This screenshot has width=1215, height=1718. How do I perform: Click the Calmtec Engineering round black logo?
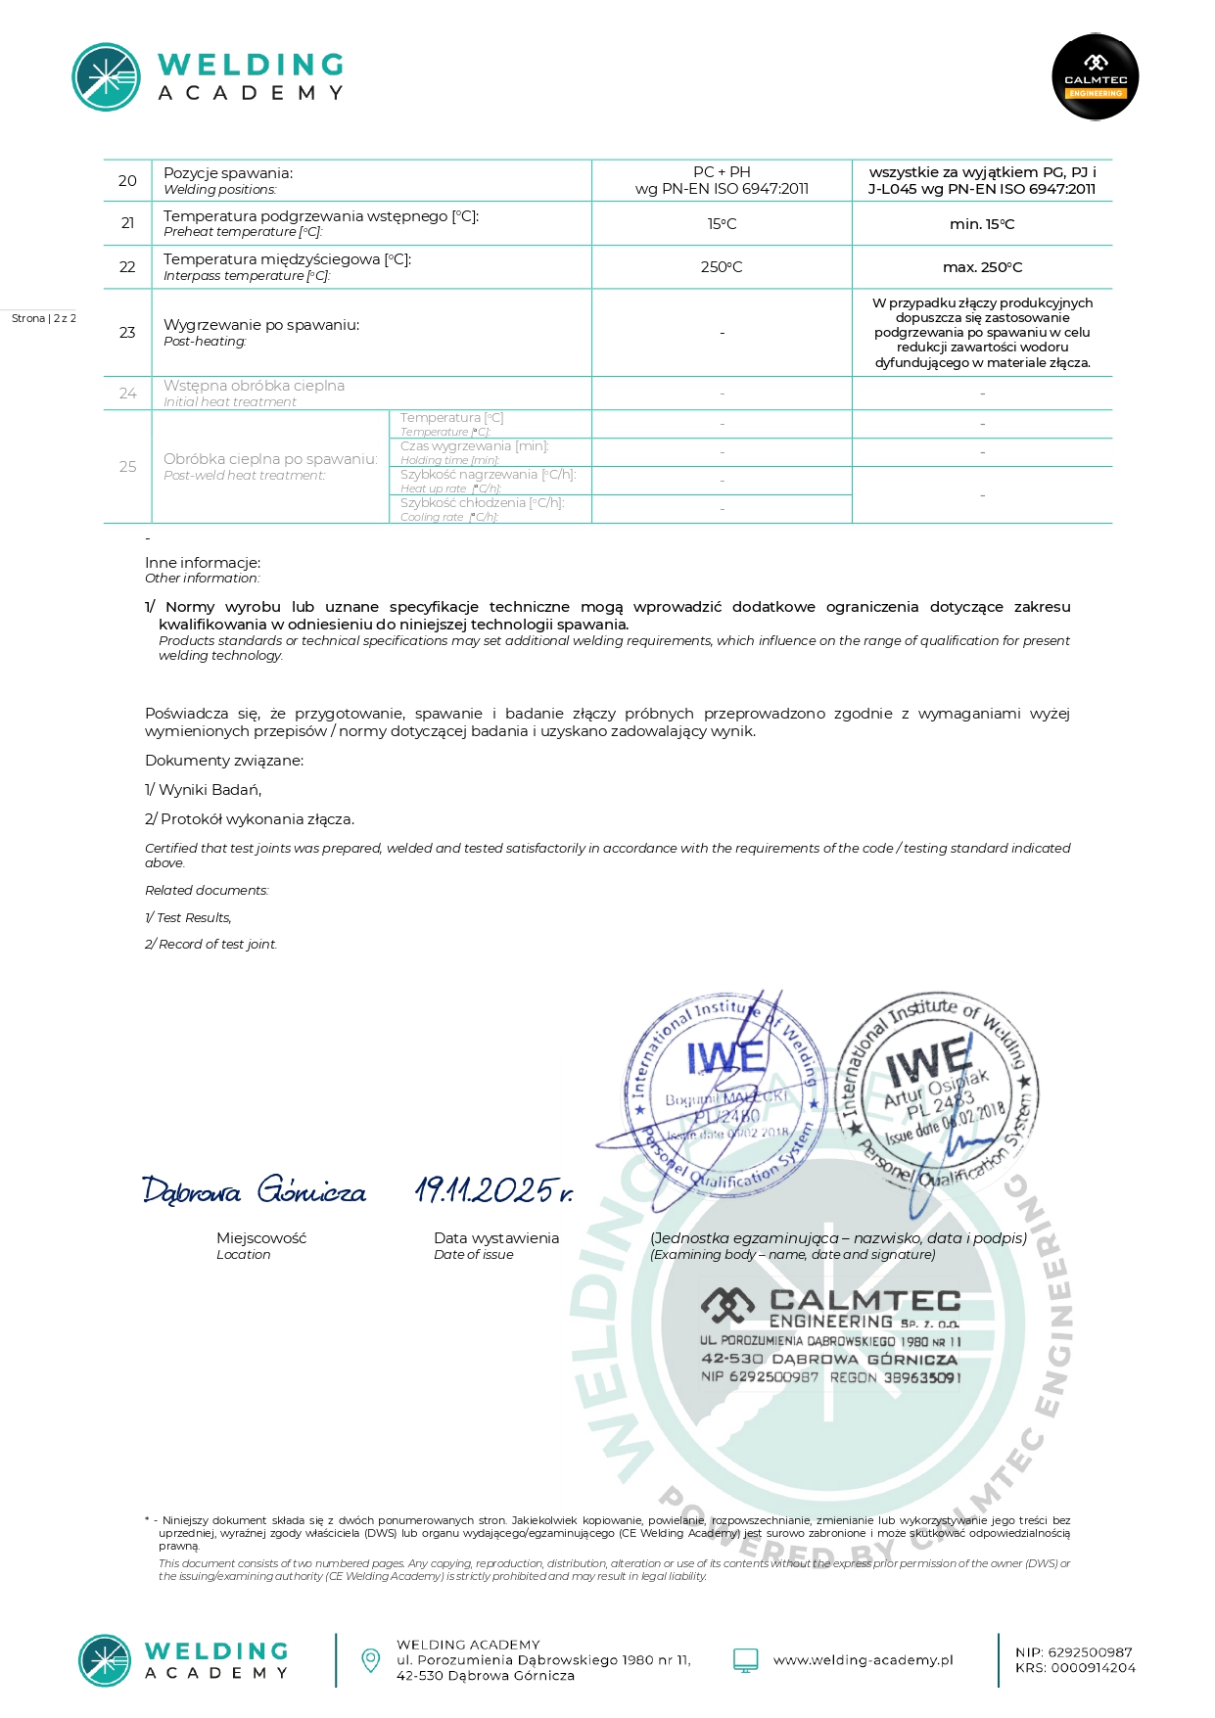point(1095,77)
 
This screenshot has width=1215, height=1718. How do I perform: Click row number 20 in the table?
point(127,181)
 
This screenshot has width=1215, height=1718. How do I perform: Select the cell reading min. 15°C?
point(982,224)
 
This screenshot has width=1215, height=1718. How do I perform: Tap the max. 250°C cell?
point(982,267)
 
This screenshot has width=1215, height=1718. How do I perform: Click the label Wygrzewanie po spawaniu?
point(261,325)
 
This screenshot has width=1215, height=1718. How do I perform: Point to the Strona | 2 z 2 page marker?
point(44,318)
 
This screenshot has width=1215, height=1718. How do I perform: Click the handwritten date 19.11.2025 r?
point(493,1190)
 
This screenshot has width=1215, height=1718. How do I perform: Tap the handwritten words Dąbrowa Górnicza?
point(255,1190)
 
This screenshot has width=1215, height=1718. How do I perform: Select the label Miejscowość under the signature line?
point(261,1238)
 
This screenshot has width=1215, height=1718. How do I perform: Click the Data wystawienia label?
point(496,1238)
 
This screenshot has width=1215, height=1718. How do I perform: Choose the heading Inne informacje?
point(203,563)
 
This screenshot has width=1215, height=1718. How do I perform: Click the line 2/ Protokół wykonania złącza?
point(250,819)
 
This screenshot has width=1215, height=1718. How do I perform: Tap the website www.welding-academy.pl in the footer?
point(863,1660)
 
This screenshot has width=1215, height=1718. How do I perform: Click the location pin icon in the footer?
point(371,1659)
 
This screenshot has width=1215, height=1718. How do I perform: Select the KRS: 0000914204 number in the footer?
point(1075,1668)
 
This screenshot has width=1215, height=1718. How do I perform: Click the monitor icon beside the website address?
point(746,1660)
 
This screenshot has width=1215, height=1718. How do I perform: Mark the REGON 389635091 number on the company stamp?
point(895,1377)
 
